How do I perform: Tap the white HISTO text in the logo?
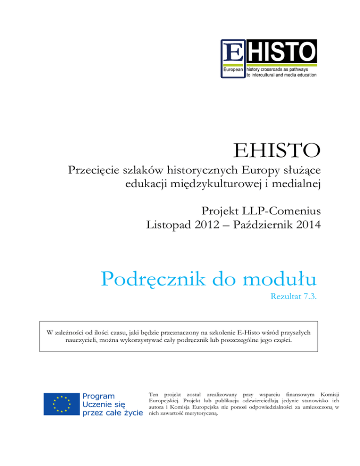(x=280, y=51)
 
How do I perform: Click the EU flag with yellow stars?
(x=61, y=404)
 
